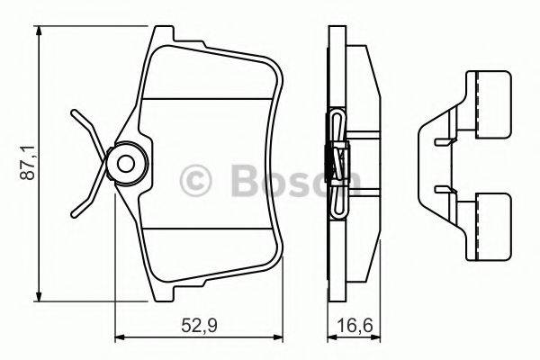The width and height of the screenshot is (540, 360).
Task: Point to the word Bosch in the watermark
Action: [288, 180]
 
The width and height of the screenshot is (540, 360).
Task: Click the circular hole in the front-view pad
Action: [125, 163]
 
